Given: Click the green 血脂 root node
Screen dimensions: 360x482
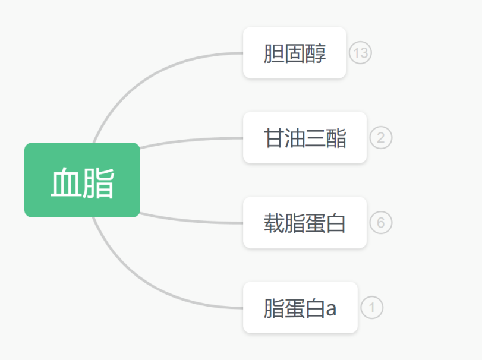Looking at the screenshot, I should click(82, 180).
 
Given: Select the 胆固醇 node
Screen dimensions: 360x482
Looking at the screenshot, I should click(294, 53).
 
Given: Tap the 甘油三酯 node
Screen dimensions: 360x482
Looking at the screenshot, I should click(304, 138).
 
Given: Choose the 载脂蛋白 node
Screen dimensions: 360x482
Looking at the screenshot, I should click(304, 223).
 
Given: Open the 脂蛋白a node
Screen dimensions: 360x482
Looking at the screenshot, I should click(300, 308).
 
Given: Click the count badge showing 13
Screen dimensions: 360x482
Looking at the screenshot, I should click(360, 53).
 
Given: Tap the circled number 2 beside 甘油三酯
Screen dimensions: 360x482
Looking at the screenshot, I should click(381, 138).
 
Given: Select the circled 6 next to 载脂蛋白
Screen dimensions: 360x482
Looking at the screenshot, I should click(381, 223).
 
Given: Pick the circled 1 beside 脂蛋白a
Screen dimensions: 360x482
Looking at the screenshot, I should click(372, 308).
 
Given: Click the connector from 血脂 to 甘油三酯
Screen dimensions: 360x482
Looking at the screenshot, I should click(190, 140).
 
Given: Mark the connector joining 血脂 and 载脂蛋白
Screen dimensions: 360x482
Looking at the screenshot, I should click(190, 220).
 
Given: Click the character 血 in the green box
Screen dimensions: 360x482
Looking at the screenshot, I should click(65, 181).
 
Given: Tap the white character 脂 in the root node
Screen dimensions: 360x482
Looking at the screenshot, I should click(99, 181).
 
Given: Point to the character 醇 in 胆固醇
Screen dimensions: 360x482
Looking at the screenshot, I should click(316, 53).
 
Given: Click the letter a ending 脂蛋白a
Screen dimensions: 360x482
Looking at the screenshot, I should click(331, 309).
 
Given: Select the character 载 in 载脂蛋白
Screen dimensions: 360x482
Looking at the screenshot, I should click(274, 223).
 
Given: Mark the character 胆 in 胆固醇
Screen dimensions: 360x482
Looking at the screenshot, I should click(274, 53).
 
